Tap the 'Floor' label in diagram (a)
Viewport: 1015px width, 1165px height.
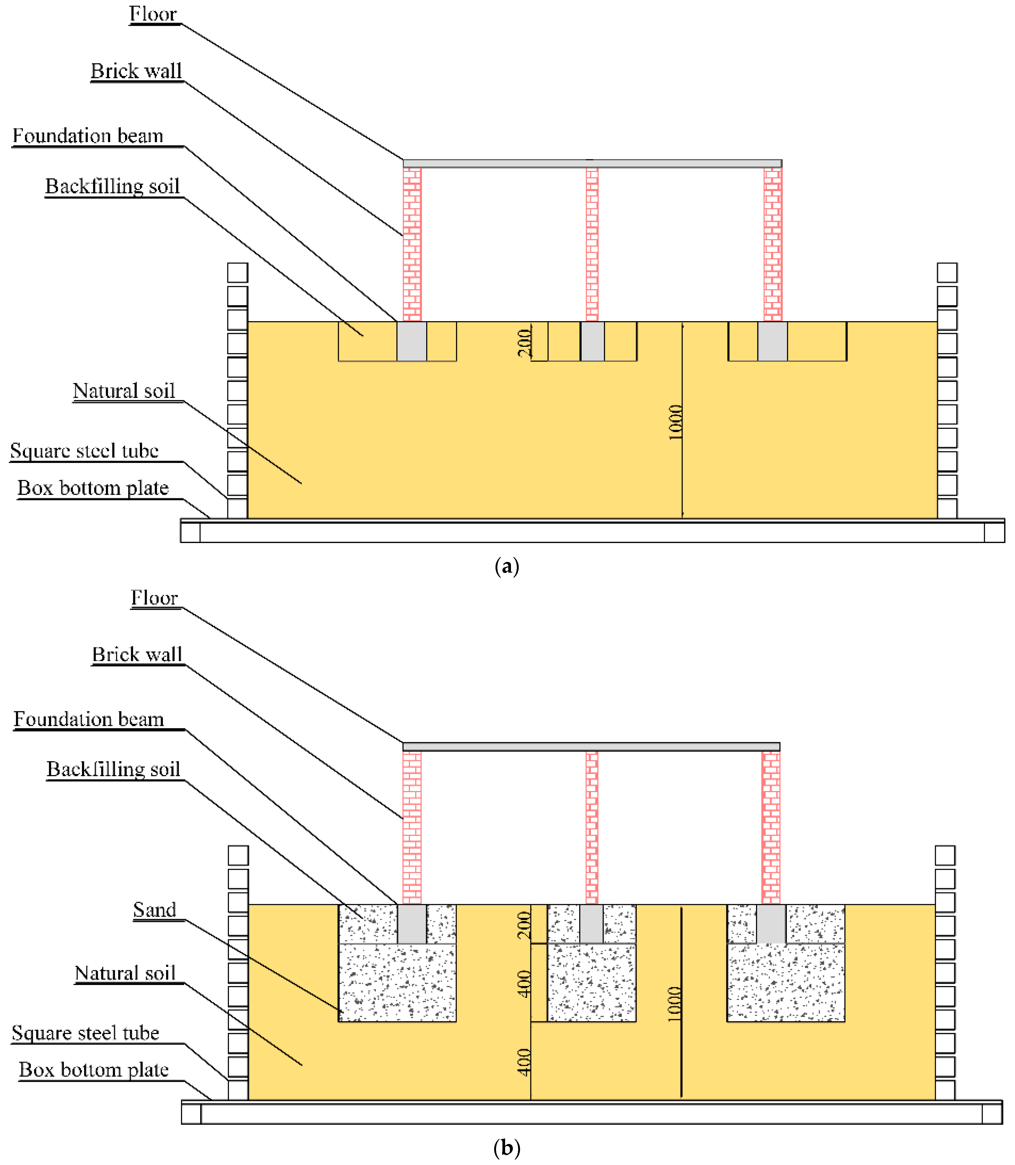[153, 14]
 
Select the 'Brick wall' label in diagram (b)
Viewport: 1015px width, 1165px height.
[137, 655]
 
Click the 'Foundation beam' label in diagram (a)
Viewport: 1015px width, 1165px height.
[88, 136]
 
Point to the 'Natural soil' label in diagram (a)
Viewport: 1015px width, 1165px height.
[123, 391]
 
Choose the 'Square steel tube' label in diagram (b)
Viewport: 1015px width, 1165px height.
[85, 1033]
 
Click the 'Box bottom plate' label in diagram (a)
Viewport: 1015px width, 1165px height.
[93, 488]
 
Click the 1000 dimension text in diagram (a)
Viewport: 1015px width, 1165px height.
[675, 422]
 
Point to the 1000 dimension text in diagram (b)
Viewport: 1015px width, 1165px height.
[674, 1004]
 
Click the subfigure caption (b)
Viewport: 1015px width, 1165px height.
[506, 1148]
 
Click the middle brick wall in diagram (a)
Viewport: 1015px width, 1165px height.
[592, 244]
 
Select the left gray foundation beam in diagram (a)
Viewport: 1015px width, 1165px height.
[412, 341]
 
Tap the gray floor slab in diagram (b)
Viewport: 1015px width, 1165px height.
[591, 747]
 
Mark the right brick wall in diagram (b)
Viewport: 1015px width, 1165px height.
[771, 827]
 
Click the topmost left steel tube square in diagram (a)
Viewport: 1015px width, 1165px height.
[237, 273]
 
